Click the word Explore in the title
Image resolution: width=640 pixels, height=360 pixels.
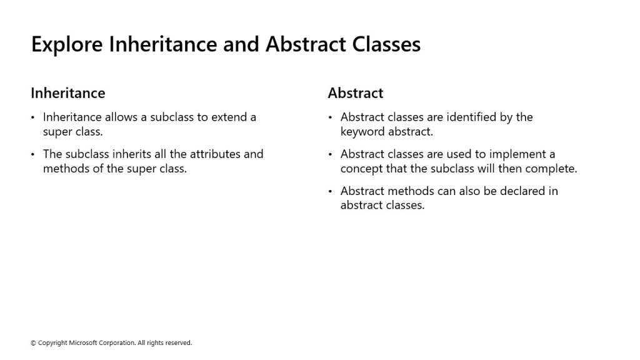(x=67, y=44)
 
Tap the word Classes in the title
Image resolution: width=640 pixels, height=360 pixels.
(x=386, y=44)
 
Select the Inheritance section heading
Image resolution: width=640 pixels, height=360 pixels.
(x=68, y=93)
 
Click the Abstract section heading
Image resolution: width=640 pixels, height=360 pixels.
(x=356, y=93)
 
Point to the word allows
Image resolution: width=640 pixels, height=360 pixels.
(x=121, y=117)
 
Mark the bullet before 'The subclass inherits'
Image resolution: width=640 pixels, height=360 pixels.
(x=32, y=155)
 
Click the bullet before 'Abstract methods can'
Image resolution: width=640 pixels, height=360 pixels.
(x=330, y=191)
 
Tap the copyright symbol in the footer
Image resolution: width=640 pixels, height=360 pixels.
(x=33, y=343)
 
